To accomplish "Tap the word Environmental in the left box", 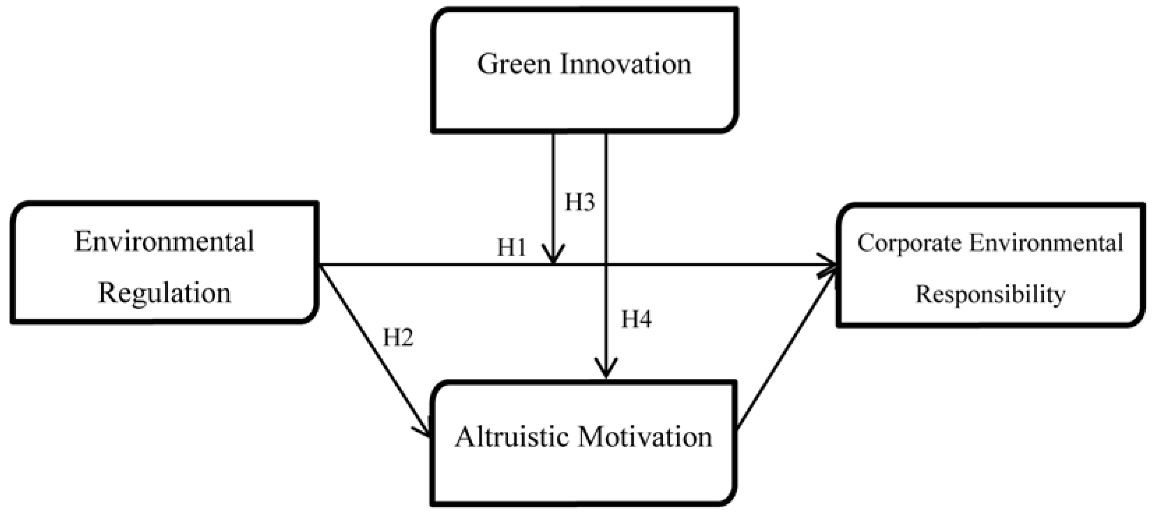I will click(x=164, y=242).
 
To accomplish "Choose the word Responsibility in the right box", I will click(x=990, y=294).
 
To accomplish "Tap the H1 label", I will click(x=511, y=247).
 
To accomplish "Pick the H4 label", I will click(x=636, y=319).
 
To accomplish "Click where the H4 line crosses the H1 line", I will click(x=606, y=265).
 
